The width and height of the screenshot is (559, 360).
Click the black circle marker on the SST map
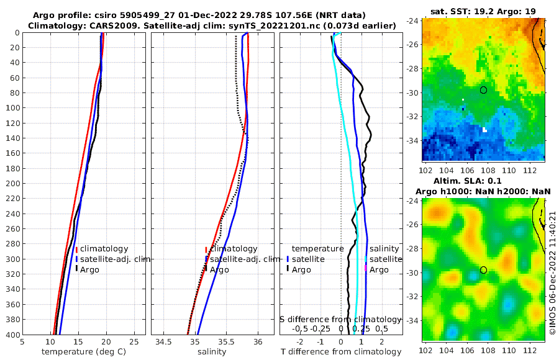[483, 90]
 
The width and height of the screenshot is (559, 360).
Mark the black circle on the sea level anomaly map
[483, 270]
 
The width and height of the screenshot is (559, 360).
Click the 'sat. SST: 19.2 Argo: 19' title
[483, 11]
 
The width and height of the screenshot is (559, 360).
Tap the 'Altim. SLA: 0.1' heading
[483, 181]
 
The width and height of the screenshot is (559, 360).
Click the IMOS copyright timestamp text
[552, 273]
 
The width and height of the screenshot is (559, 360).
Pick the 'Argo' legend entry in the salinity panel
[219, 270]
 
